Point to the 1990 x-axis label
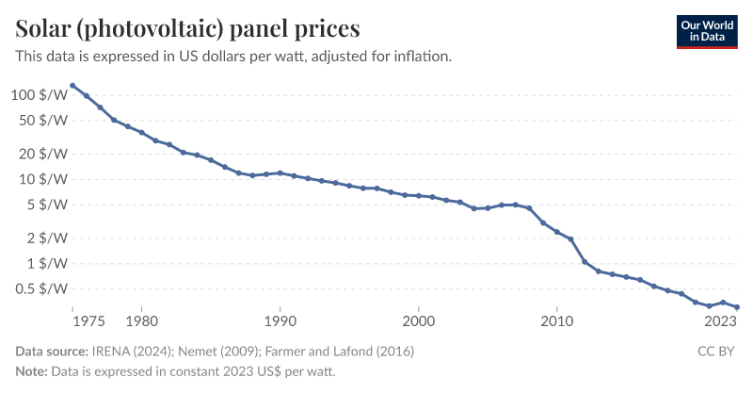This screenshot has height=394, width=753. (280, 320)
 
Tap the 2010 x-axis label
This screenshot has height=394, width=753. (556, 320)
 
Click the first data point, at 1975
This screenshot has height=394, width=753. (72, 86)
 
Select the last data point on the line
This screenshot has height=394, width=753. (736, 307)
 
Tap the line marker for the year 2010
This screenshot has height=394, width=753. (557, 232)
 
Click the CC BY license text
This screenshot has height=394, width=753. (718, 352)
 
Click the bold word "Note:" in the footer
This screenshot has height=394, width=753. (31, 371)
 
